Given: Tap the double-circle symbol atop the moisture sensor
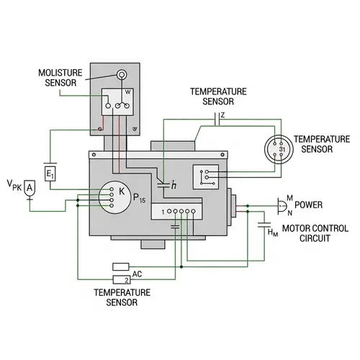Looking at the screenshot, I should [121, 74].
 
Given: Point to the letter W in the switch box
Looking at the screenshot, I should [128, 92].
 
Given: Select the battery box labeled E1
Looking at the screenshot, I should [50, 174].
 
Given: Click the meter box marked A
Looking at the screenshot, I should [30, 188].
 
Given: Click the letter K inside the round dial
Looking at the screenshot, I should [122, 192].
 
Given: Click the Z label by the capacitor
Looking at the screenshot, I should [223, 115].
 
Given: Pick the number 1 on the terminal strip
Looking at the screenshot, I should [163, 211].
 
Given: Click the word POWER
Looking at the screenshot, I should [309, 204].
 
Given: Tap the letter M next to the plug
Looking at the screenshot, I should [289, 199].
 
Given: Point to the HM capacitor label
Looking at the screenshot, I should [272, 232].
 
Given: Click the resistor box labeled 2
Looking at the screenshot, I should [120, 279].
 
